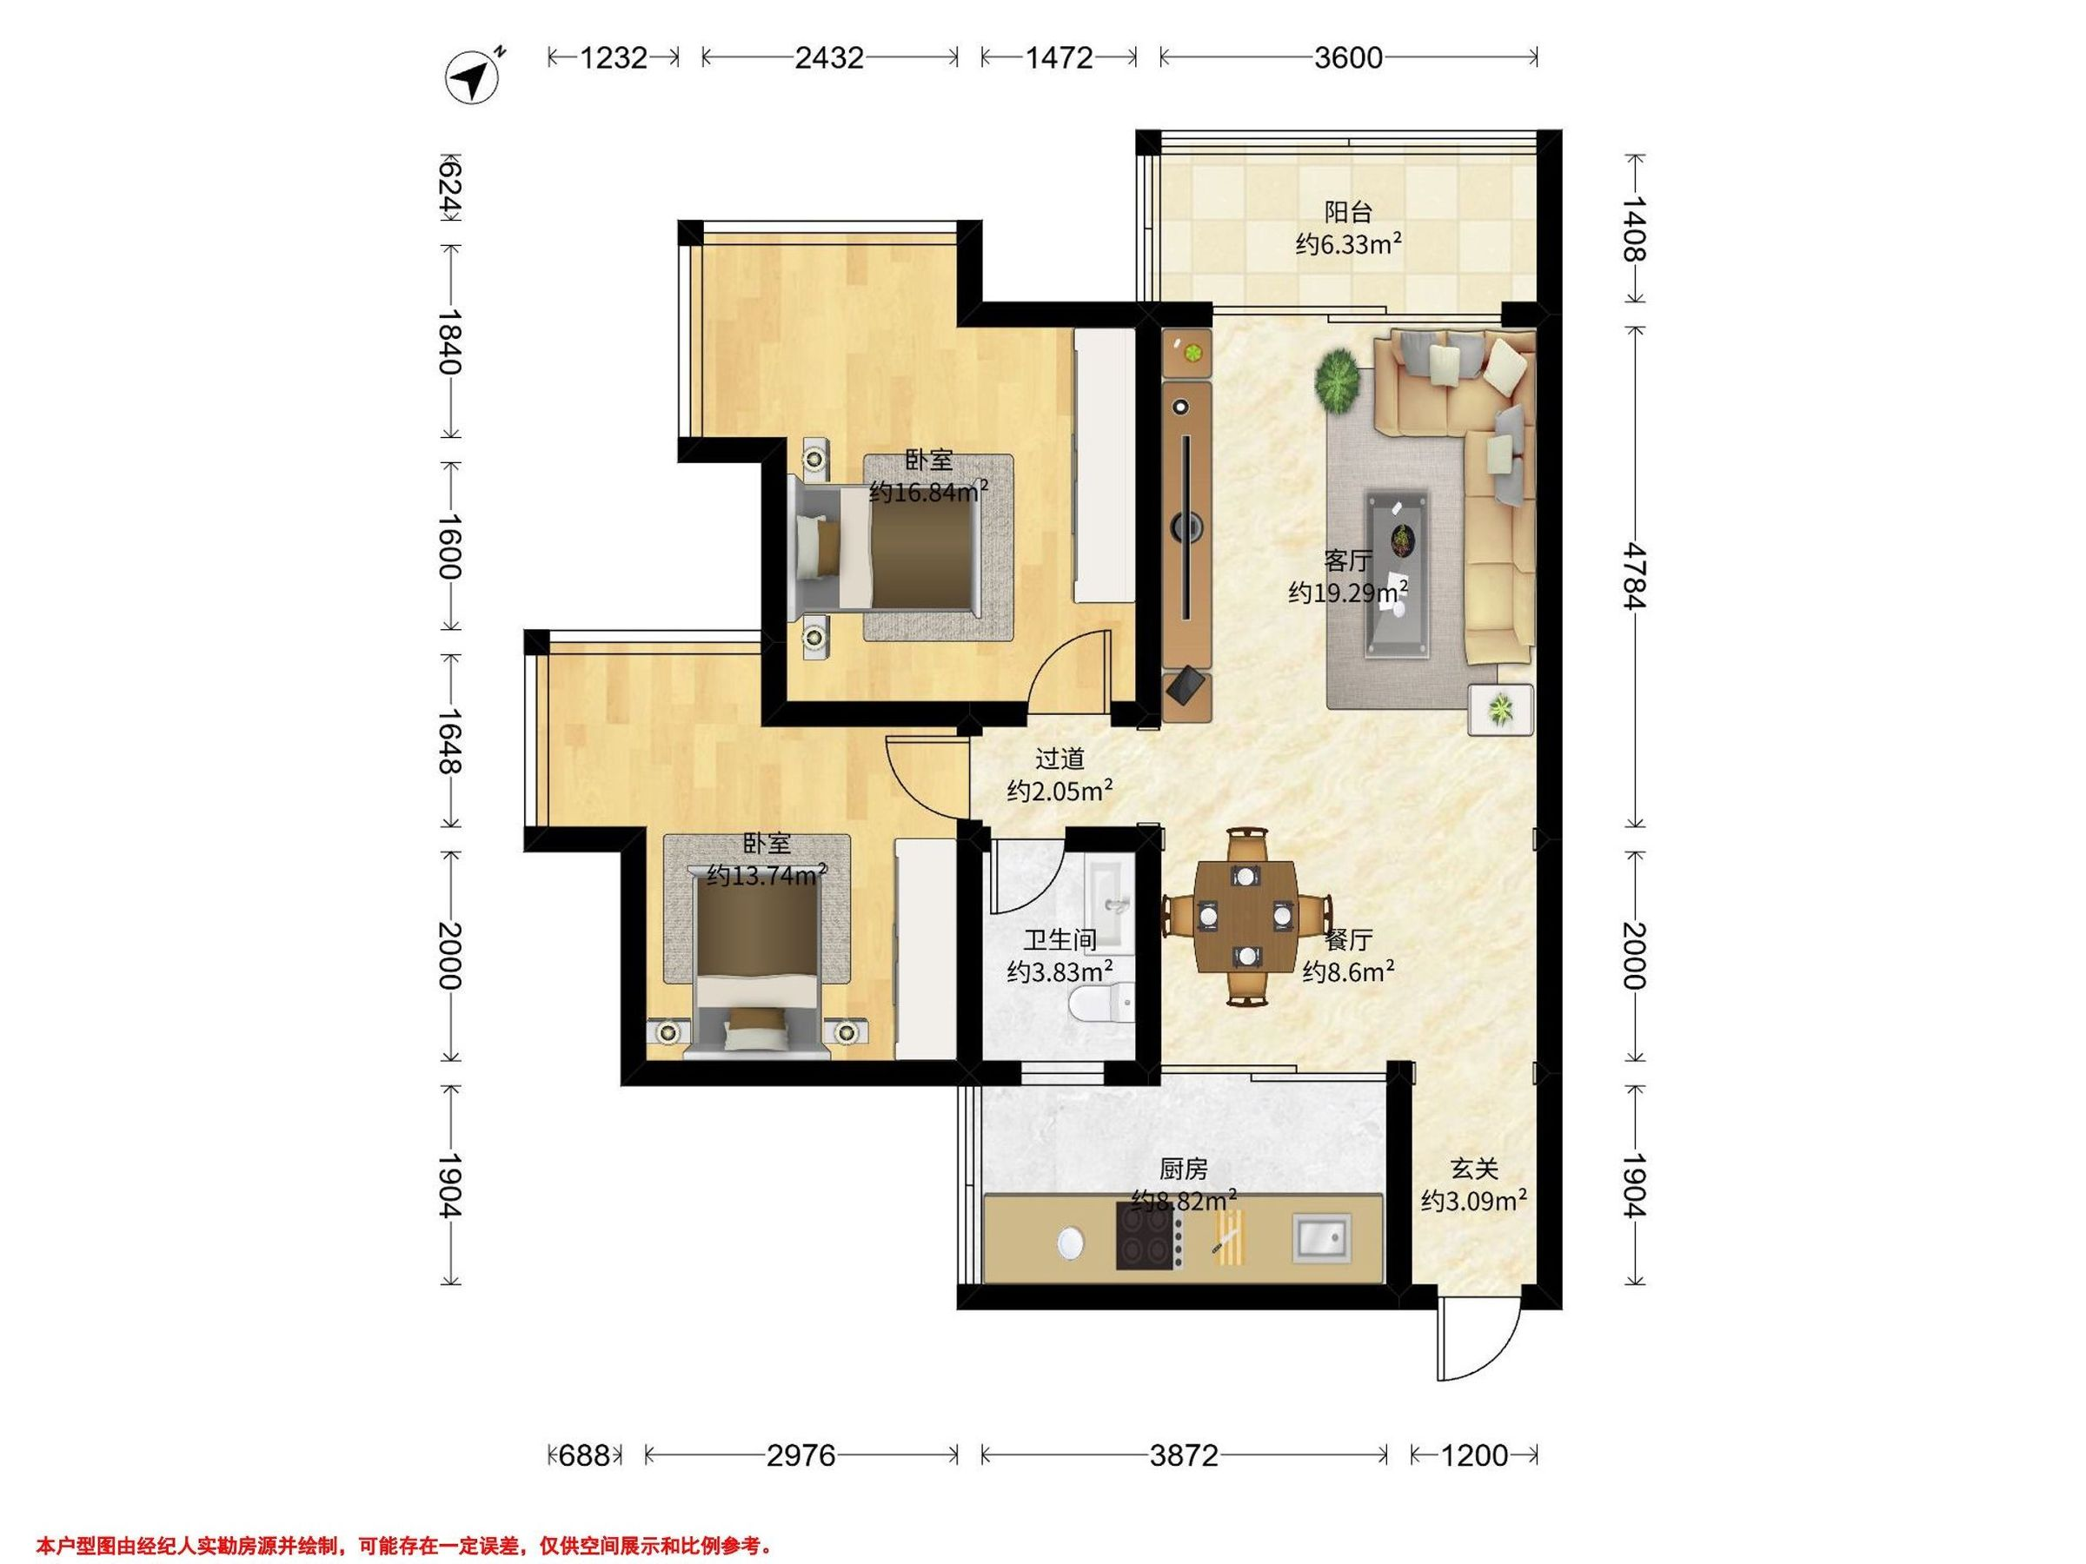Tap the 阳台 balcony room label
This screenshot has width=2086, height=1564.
point(1347,211)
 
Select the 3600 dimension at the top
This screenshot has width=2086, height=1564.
point(1349,58)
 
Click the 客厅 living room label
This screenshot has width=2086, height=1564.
point(1347,561)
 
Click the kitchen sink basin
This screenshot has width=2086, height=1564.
point(1321,1237)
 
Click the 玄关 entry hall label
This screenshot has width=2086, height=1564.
point(1473,1169)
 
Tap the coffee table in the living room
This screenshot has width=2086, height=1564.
point(1398,574)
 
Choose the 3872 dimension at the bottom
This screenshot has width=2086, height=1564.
point(1185,1455)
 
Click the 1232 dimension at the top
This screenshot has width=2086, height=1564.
point(614,58)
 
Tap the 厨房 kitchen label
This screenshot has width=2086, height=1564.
point(1184,1169)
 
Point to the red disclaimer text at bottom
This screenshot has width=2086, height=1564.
point(404,1545)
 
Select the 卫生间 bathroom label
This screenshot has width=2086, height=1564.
point(1060,940)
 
